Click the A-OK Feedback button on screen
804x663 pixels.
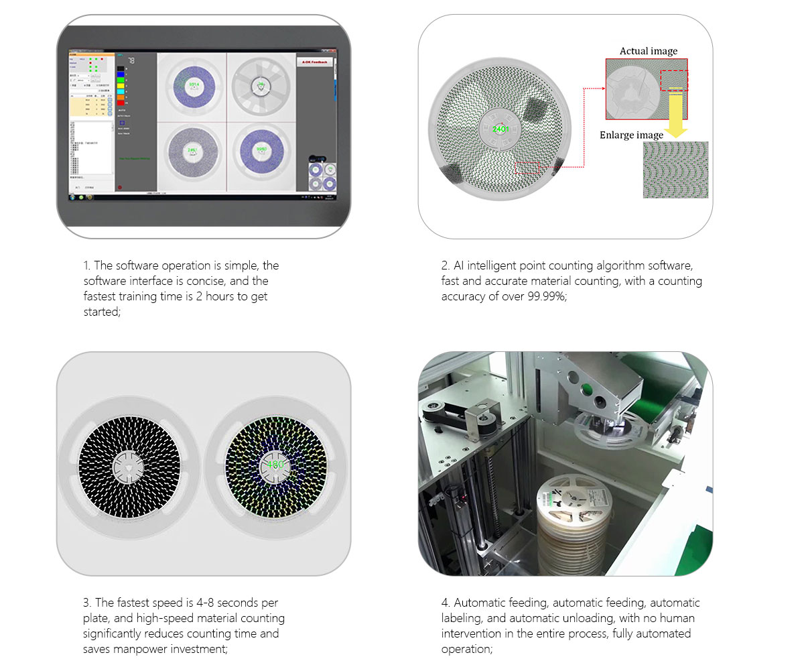tap(314, 62)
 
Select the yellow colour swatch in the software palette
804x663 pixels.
tap(121, 86)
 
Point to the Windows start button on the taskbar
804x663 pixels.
tap(72, 197)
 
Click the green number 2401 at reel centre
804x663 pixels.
tap(500, 129)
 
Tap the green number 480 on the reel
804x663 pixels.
tap(275, 464)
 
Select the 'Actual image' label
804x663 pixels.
tap(648, 51)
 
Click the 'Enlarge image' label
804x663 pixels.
tap(631, 135)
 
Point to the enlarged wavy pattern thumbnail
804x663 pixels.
tap(674, 170)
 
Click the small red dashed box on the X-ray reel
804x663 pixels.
tap(527, 168)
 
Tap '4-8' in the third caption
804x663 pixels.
tap(205, 603)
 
